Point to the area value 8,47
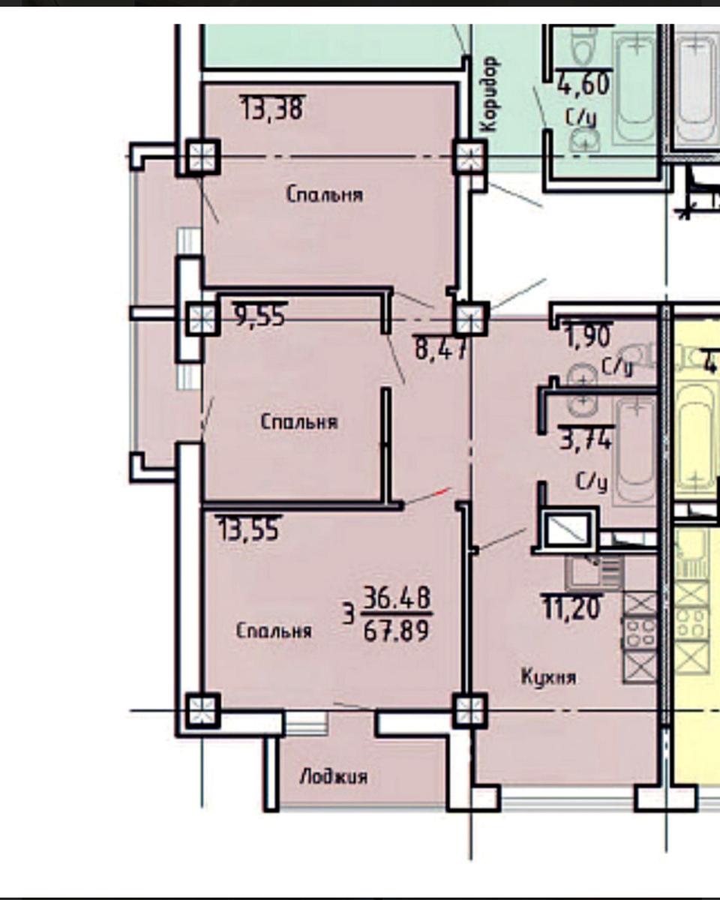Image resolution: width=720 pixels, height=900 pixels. pyautogui.click(x=439, y=348)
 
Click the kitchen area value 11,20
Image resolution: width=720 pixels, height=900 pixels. pyautogui.click(x=572, y=607)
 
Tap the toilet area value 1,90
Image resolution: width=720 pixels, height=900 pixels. pyautogui.click(x=589, y=335)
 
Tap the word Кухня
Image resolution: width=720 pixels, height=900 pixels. pyautogui.click(x=548, y=676)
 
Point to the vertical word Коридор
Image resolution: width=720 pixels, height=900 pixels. pyautogui.click(x=490, y=94)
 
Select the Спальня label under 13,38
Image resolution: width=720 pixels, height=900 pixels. pyautogui.click(x=325, y=195)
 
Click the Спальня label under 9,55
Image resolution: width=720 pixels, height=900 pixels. pyautogui.click(x=298, y=422)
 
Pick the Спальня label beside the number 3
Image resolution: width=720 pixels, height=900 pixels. pyautogui.click(x=274, y=631)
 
